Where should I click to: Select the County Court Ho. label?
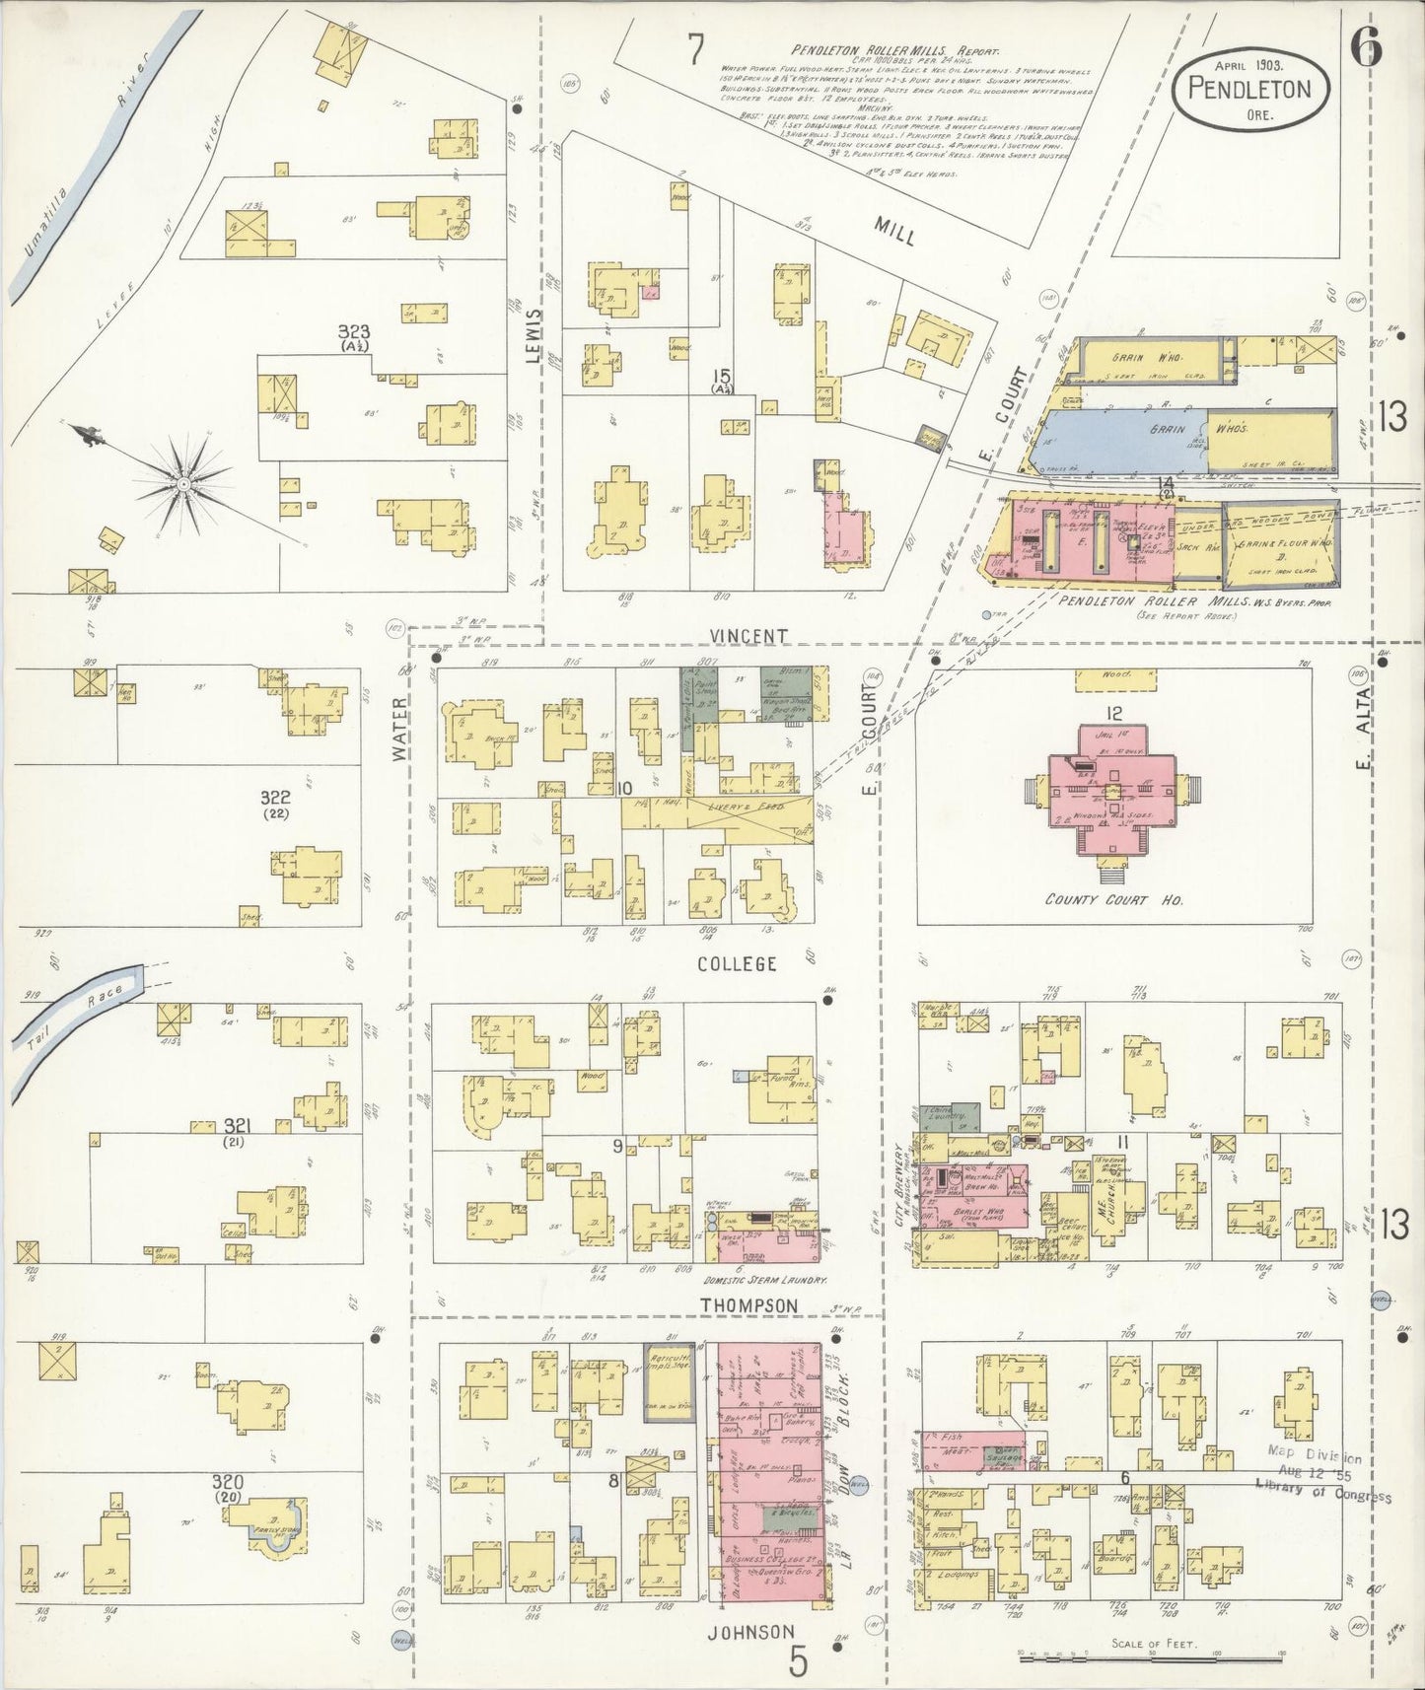[x=1113, y=900]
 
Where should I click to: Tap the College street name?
[x=738, y=963]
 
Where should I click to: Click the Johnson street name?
[x=751, y=1631]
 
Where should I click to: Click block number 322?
[x=274, y=796]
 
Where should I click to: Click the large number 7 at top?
[x=696, y=49]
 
